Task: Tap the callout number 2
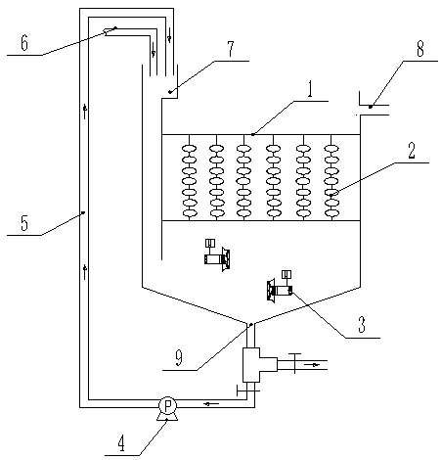point(412,151)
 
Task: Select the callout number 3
point(362,325)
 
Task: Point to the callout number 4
point(121,444)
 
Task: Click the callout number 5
point(24,223)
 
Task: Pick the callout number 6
point(24,43)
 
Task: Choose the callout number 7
point(231,49)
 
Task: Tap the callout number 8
point(420,49)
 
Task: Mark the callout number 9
point(179,358)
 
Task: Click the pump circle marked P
point(167,405)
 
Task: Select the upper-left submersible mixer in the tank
point(217,255)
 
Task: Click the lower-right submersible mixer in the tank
point(280,286)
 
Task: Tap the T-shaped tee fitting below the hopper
point(260,365)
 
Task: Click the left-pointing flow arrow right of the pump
point(211,404)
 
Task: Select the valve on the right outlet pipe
point(294,363)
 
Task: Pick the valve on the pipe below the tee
point(247,391)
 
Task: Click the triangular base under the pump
point(167,417)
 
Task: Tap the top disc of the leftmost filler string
point(189,149)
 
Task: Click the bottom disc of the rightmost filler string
point(331,213)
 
